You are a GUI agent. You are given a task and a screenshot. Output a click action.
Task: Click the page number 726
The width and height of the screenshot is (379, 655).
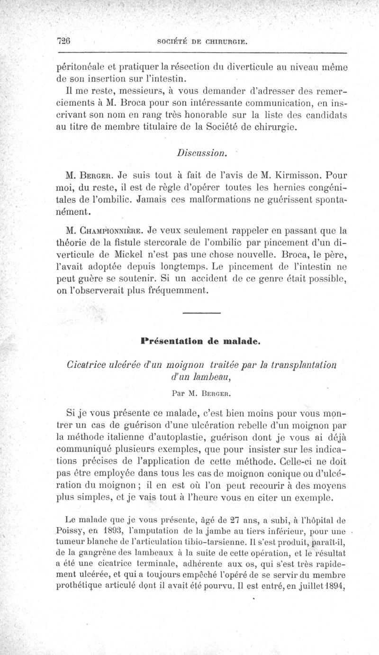point(63,41)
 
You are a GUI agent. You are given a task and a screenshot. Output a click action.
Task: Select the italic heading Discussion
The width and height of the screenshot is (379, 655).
point(200,154)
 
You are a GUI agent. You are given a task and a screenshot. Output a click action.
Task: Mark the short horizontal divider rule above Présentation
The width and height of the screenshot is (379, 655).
point(201,313)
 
